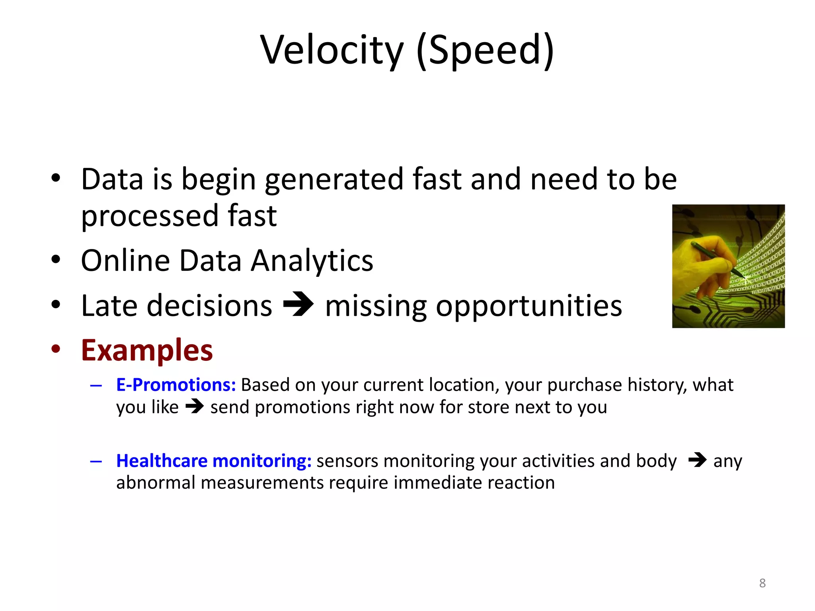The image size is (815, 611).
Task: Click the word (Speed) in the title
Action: point(485,50)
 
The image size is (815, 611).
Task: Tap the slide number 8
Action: point(762,583)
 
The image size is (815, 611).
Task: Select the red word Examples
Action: point(147,350)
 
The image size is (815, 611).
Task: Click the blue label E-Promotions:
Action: point(176,385)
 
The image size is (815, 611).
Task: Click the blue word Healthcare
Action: point(162,461)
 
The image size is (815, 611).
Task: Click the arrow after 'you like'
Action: point(195,407)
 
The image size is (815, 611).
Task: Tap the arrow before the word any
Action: point(697,460)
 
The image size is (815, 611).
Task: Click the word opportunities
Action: point(529,306)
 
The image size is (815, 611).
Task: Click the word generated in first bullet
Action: point(334,180)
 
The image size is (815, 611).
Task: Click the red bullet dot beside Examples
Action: point(56,349)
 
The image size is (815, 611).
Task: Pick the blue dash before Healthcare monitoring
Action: point(96,461)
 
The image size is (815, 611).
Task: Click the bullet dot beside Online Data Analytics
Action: point(56,259)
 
